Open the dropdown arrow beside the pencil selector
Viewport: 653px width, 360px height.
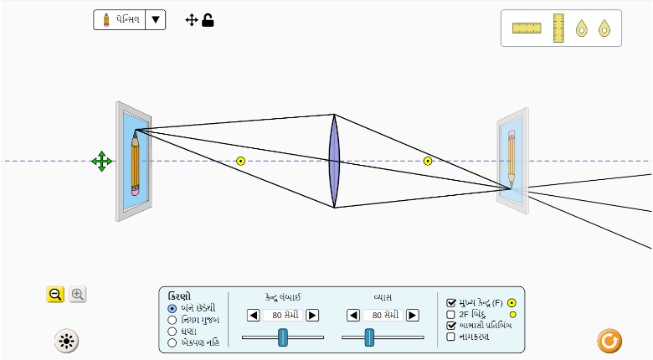[x=155, y=20]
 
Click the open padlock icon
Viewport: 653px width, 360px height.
[x=208, y=20]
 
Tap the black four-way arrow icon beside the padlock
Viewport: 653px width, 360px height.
[x=192, y=20]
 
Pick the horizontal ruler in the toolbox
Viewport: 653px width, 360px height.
[x=527, y=28]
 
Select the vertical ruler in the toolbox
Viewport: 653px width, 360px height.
[x=558, y=28]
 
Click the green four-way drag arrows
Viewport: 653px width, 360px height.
[x=102, y=162]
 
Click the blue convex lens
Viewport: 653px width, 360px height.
[x=334, y=161]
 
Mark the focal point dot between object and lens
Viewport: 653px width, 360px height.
[x=240, y=161]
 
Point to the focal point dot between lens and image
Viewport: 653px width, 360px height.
[x=428, y=161]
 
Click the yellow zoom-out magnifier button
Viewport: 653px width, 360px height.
[x=55, y=294]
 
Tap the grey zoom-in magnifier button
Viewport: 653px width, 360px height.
[x=78, y=294]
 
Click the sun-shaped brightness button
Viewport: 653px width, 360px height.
[x=66, y=341]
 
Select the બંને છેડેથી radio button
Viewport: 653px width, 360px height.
[x=172, y=307]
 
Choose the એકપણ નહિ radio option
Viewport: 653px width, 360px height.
[x=172, y=342]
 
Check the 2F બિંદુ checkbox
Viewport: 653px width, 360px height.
[x=451, y=314]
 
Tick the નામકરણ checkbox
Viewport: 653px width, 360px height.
[x=451, y=337]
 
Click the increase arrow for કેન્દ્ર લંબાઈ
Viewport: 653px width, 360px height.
[x=312, y=315]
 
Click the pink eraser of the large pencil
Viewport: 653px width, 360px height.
[x=136, y=190]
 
